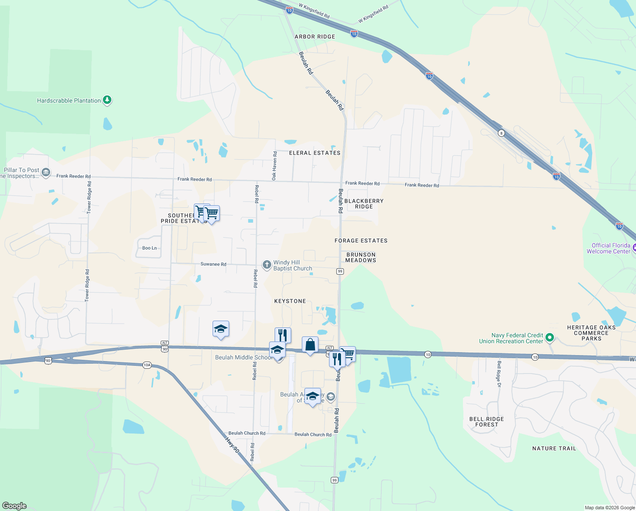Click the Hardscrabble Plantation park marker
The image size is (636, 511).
(108, 100)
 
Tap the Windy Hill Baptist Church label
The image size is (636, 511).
(292, 265)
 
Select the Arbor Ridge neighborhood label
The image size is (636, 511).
(315, 37)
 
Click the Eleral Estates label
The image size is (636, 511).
(315, 153)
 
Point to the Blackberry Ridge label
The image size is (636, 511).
(364, 204)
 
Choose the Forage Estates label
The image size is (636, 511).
(361, 241)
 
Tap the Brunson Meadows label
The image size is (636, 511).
(361, 257)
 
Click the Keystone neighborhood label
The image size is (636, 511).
(290, 301)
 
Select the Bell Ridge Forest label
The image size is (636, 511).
(486, 422)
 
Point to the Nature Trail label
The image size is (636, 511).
(554, 448)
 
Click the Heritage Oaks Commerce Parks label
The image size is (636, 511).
(591, 333)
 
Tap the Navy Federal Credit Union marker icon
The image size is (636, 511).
(549, 338)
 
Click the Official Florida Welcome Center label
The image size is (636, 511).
(611, 248)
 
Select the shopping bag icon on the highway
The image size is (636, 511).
(310, 344)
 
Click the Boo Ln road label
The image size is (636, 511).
(150, 248)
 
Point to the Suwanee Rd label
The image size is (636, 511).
(213, 264)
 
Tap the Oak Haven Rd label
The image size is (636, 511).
(274, 165)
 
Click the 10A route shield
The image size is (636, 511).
(147, 365)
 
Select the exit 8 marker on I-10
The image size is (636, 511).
(502, 133)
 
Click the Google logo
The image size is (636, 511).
(14, 505)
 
